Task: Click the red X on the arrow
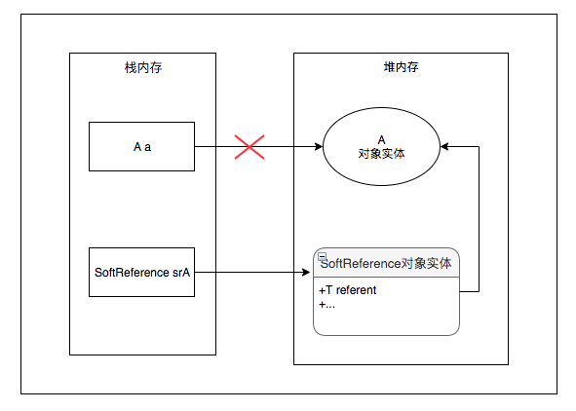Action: click(250, 147)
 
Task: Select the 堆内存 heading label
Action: click(401, 67)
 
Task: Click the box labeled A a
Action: click(142, 147)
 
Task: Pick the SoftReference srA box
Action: click(142, 272)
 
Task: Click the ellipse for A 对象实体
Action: click(381, 147)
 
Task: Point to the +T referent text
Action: click(348, 290)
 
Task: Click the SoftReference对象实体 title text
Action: click(386, 264)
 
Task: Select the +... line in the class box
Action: click(327, 305)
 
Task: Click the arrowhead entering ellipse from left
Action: click(318, 147)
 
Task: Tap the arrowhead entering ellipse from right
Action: click(444, 147)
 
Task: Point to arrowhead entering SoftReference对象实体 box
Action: click(308, 272)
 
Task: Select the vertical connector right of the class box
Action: click(479, 219)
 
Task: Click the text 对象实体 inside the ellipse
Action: click(381, 154)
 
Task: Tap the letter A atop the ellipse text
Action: click(381, 140)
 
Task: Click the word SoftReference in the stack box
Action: click(132, 272)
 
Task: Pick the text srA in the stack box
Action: click(180, 272)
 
